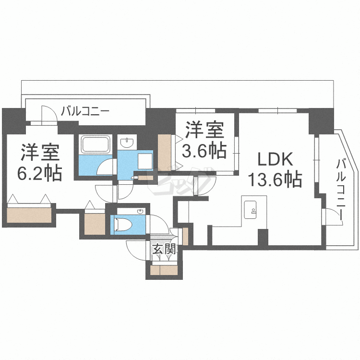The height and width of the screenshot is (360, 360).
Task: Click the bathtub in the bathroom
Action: click(96, 144)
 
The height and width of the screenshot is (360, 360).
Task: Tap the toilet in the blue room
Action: click(124, 224)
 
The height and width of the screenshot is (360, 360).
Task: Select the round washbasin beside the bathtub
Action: click(127, 143)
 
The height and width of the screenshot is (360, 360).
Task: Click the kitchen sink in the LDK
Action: click(250, 210)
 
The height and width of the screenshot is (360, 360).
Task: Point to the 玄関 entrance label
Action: click(164, 249)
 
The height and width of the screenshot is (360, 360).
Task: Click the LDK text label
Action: click(276, 159)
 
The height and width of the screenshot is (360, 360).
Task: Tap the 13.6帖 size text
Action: click(276, 180)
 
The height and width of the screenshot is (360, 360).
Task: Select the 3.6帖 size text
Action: click(204, 151)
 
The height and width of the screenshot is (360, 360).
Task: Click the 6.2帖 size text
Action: click(40, 173)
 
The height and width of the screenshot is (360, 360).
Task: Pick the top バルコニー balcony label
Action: click(85, 111)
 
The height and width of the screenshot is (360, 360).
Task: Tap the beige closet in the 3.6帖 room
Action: click(164, 153)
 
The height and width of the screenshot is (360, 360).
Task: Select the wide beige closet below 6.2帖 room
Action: click(29, 215)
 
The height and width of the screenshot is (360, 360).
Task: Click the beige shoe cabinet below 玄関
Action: click(164, 270)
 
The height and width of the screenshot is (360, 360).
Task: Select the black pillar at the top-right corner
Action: click(321, 121)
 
